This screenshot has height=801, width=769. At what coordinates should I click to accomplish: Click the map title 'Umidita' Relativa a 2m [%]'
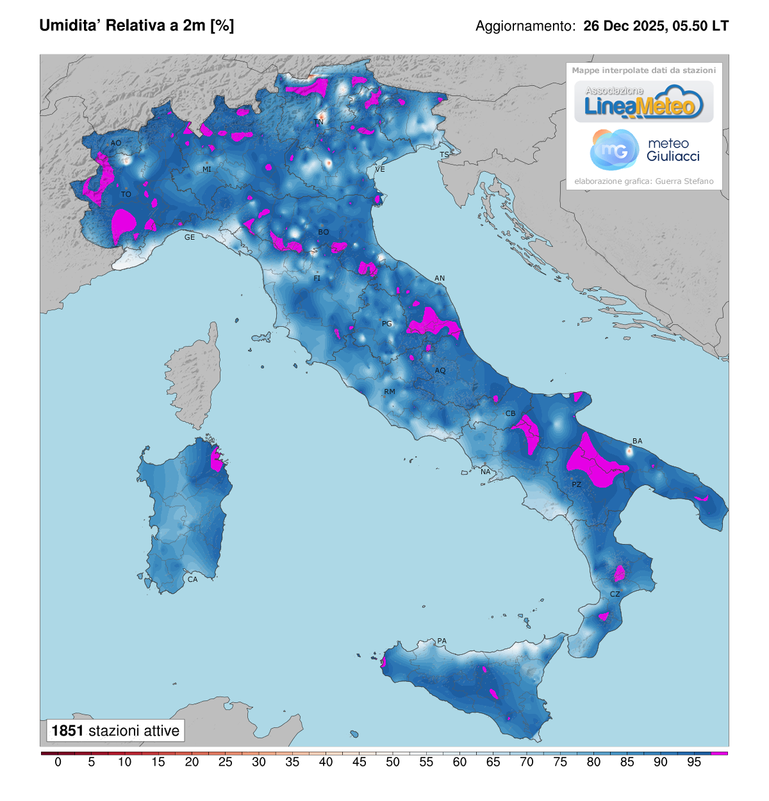coord(136,26)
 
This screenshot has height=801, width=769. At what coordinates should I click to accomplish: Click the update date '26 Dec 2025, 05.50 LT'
coord(656,26)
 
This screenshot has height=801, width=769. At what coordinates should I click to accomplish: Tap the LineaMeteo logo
coord(643,103)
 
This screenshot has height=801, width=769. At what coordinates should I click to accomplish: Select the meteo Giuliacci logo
coord(644,150)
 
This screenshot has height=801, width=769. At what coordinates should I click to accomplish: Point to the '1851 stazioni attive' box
coord(115,731)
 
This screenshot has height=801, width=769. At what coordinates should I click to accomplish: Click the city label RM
coord(390,392)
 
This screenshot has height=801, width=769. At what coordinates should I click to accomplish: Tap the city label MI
coord(207,170)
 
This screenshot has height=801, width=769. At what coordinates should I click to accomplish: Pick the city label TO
coord(126,194)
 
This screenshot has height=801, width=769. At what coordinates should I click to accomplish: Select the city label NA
coord(486,472)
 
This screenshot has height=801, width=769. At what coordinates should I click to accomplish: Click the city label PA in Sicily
coord(442,641)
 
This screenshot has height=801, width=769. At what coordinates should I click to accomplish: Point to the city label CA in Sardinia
coord(192,579)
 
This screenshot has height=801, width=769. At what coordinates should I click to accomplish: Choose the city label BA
coord(637,441)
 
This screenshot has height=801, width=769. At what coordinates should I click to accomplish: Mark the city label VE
coord(380,169)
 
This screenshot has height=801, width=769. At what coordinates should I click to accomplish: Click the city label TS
coord(444,155)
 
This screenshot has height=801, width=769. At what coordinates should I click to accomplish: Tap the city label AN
coord(440,278)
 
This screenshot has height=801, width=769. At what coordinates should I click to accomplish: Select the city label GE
coord(190,237)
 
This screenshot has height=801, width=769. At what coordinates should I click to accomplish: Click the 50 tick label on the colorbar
coord(393,762)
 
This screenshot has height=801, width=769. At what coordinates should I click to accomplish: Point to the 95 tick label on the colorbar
coord(694,762)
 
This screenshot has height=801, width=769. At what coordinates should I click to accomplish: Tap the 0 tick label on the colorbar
coord(58,762)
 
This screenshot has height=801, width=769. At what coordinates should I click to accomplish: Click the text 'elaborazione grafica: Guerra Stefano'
coord(643,181)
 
